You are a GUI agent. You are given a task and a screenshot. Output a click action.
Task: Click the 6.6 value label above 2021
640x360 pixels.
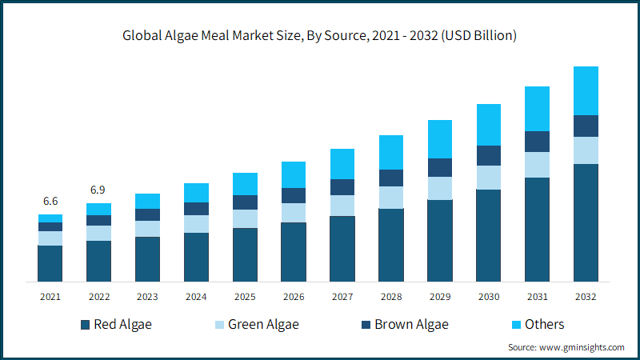50,201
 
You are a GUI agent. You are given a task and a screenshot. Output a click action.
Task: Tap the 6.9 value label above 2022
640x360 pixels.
98,190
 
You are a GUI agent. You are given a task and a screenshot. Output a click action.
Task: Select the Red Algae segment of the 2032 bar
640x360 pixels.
586,223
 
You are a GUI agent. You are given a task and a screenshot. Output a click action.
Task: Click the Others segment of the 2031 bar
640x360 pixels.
537,109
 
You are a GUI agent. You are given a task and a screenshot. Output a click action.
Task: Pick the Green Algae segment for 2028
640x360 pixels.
391,198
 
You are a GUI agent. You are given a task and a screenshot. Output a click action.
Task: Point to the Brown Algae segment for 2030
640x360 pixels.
489,155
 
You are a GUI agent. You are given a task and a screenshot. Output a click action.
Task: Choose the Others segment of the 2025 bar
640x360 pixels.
246,184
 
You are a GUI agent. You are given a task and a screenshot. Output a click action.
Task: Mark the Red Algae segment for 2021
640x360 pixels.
50,264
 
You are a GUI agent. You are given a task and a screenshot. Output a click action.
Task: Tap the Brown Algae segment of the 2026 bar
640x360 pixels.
294,195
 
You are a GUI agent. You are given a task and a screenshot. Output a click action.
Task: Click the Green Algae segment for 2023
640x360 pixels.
148,229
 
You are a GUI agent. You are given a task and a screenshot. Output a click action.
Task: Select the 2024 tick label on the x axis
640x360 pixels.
196,297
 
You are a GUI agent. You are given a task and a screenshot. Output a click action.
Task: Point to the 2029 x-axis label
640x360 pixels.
440,297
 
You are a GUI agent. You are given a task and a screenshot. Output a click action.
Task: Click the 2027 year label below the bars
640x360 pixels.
342,297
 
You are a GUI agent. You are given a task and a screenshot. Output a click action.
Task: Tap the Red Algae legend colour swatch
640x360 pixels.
86,325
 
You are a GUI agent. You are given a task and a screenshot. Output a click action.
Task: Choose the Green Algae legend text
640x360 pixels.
263,325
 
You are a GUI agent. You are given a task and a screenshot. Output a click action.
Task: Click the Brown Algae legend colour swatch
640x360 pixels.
366,325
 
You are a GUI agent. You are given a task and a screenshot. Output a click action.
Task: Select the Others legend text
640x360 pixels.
545,324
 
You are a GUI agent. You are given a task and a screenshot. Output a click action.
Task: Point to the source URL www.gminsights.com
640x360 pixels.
582,347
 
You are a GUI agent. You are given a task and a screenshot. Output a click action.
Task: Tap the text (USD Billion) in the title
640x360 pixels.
478,36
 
